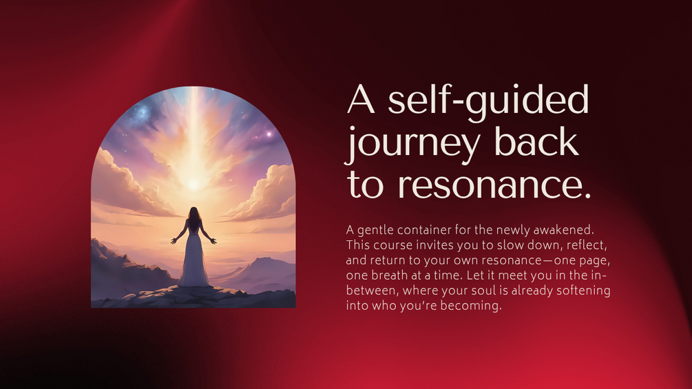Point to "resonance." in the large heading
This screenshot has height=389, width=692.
pos(494,185)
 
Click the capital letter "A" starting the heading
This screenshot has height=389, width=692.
pos(361,99)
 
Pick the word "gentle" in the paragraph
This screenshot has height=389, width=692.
pos(374,231)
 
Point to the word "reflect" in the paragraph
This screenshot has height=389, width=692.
pos(585,245)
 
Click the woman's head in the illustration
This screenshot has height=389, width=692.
pos(193,213)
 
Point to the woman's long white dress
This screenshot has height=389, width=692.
pos(193,260)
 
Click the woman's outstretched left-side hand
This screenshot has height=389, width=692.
pos(174,241)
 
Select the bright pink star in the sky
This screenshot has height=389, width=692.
pos(269,134)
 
